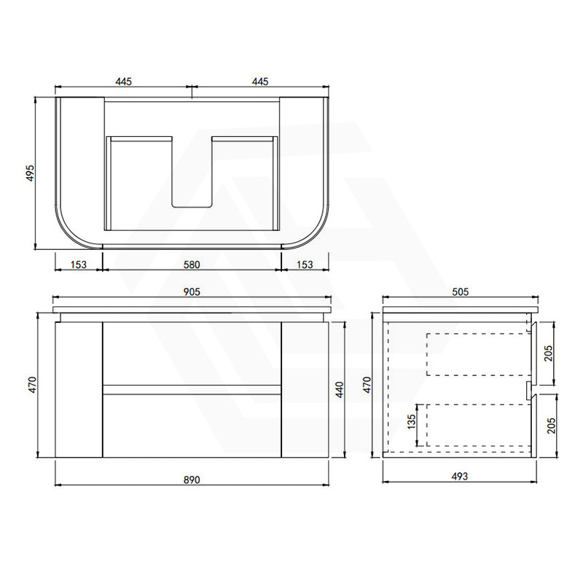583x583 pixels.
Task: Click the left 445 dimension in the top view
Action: pos(123,81)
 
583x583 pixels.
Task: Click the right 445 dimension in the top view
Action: pos(260,81)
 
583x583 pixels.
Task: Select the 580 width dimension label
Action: pos(192,265)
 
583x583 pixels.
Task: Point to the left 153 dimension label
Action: pos(79,265)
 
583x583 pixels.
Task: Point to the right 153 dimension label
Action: pos(305,265)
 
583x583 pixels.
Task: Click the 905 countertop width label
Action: pos(192,292)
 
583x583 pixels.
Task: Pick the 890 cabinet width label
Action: pos(192,480)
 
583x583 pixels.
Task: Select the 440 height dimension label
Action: pos(340,389)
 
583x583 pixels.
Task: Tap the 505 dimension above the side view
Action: pos(461,292)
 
